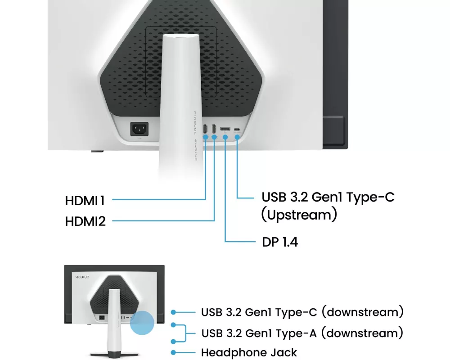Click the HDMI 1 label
[x=85, y=201]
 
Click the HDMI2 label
[x=85, y=221]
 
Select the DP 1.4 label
[x=280, y=242]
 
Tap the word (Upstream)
[x=299, y=215]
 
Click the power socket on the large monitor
[x=139, y=129]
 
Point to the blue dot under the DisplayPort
[x=225, y=137]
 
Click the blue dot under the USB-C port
[x=237, y=137]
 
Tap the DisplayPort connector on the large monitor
[x=225, y=129]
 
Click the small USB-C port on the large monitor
[x=237, y=129]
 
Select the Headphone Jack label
[x=249, y=352]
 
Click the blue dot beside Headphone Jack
[x=173, y=352]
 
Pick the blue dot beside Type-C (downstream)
[x=173, y=312]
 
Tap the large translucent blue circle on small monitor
[x=142, y=323]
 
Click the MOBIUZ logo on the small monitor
[x=82, y=277]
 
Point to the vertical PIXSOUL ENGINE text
[x=195, y=136]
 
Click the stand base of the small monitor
[x=114, y=355]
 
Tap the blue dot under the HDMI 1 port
[x=206, y=137]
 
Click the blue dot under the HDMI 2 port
[x=214, y=137]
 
